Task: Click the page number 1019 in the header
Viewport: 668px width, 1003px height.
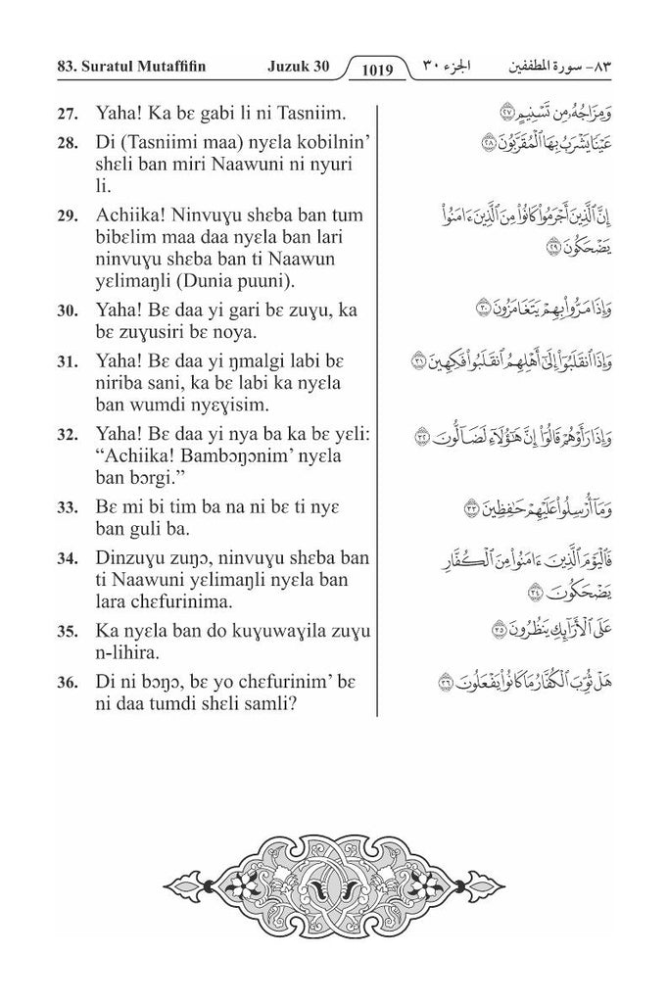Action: (x=376, y=70)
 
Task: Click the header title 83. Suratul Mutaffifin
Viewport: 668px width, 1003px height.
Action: (x=127, y=68)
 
